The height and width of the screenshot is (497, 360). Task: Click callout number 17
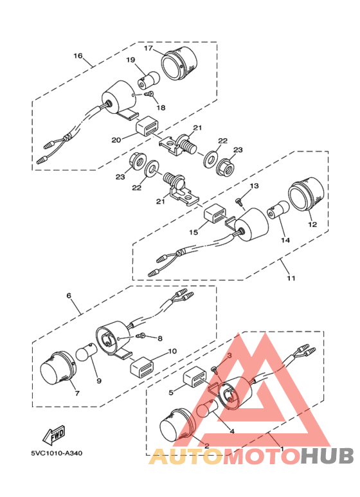(x=147, y=49)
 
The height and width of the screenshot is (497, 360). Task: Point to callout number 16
(x=78, y=56)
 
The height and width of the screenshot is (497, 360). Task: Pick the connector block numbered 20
(x=146, y=128)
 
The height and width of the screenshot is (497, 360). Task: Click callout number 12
(x=312, y=225)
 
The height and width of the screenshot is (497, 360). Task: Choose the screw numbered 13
(x=240, y=201)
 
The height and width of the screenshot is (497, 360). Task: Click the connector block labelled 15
(x=213, y=214)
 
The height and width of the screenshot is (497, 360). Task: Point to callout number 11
(x=291, y=278)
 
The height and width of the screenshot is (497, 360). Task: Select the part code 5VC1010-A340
(x=56, y=453)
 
